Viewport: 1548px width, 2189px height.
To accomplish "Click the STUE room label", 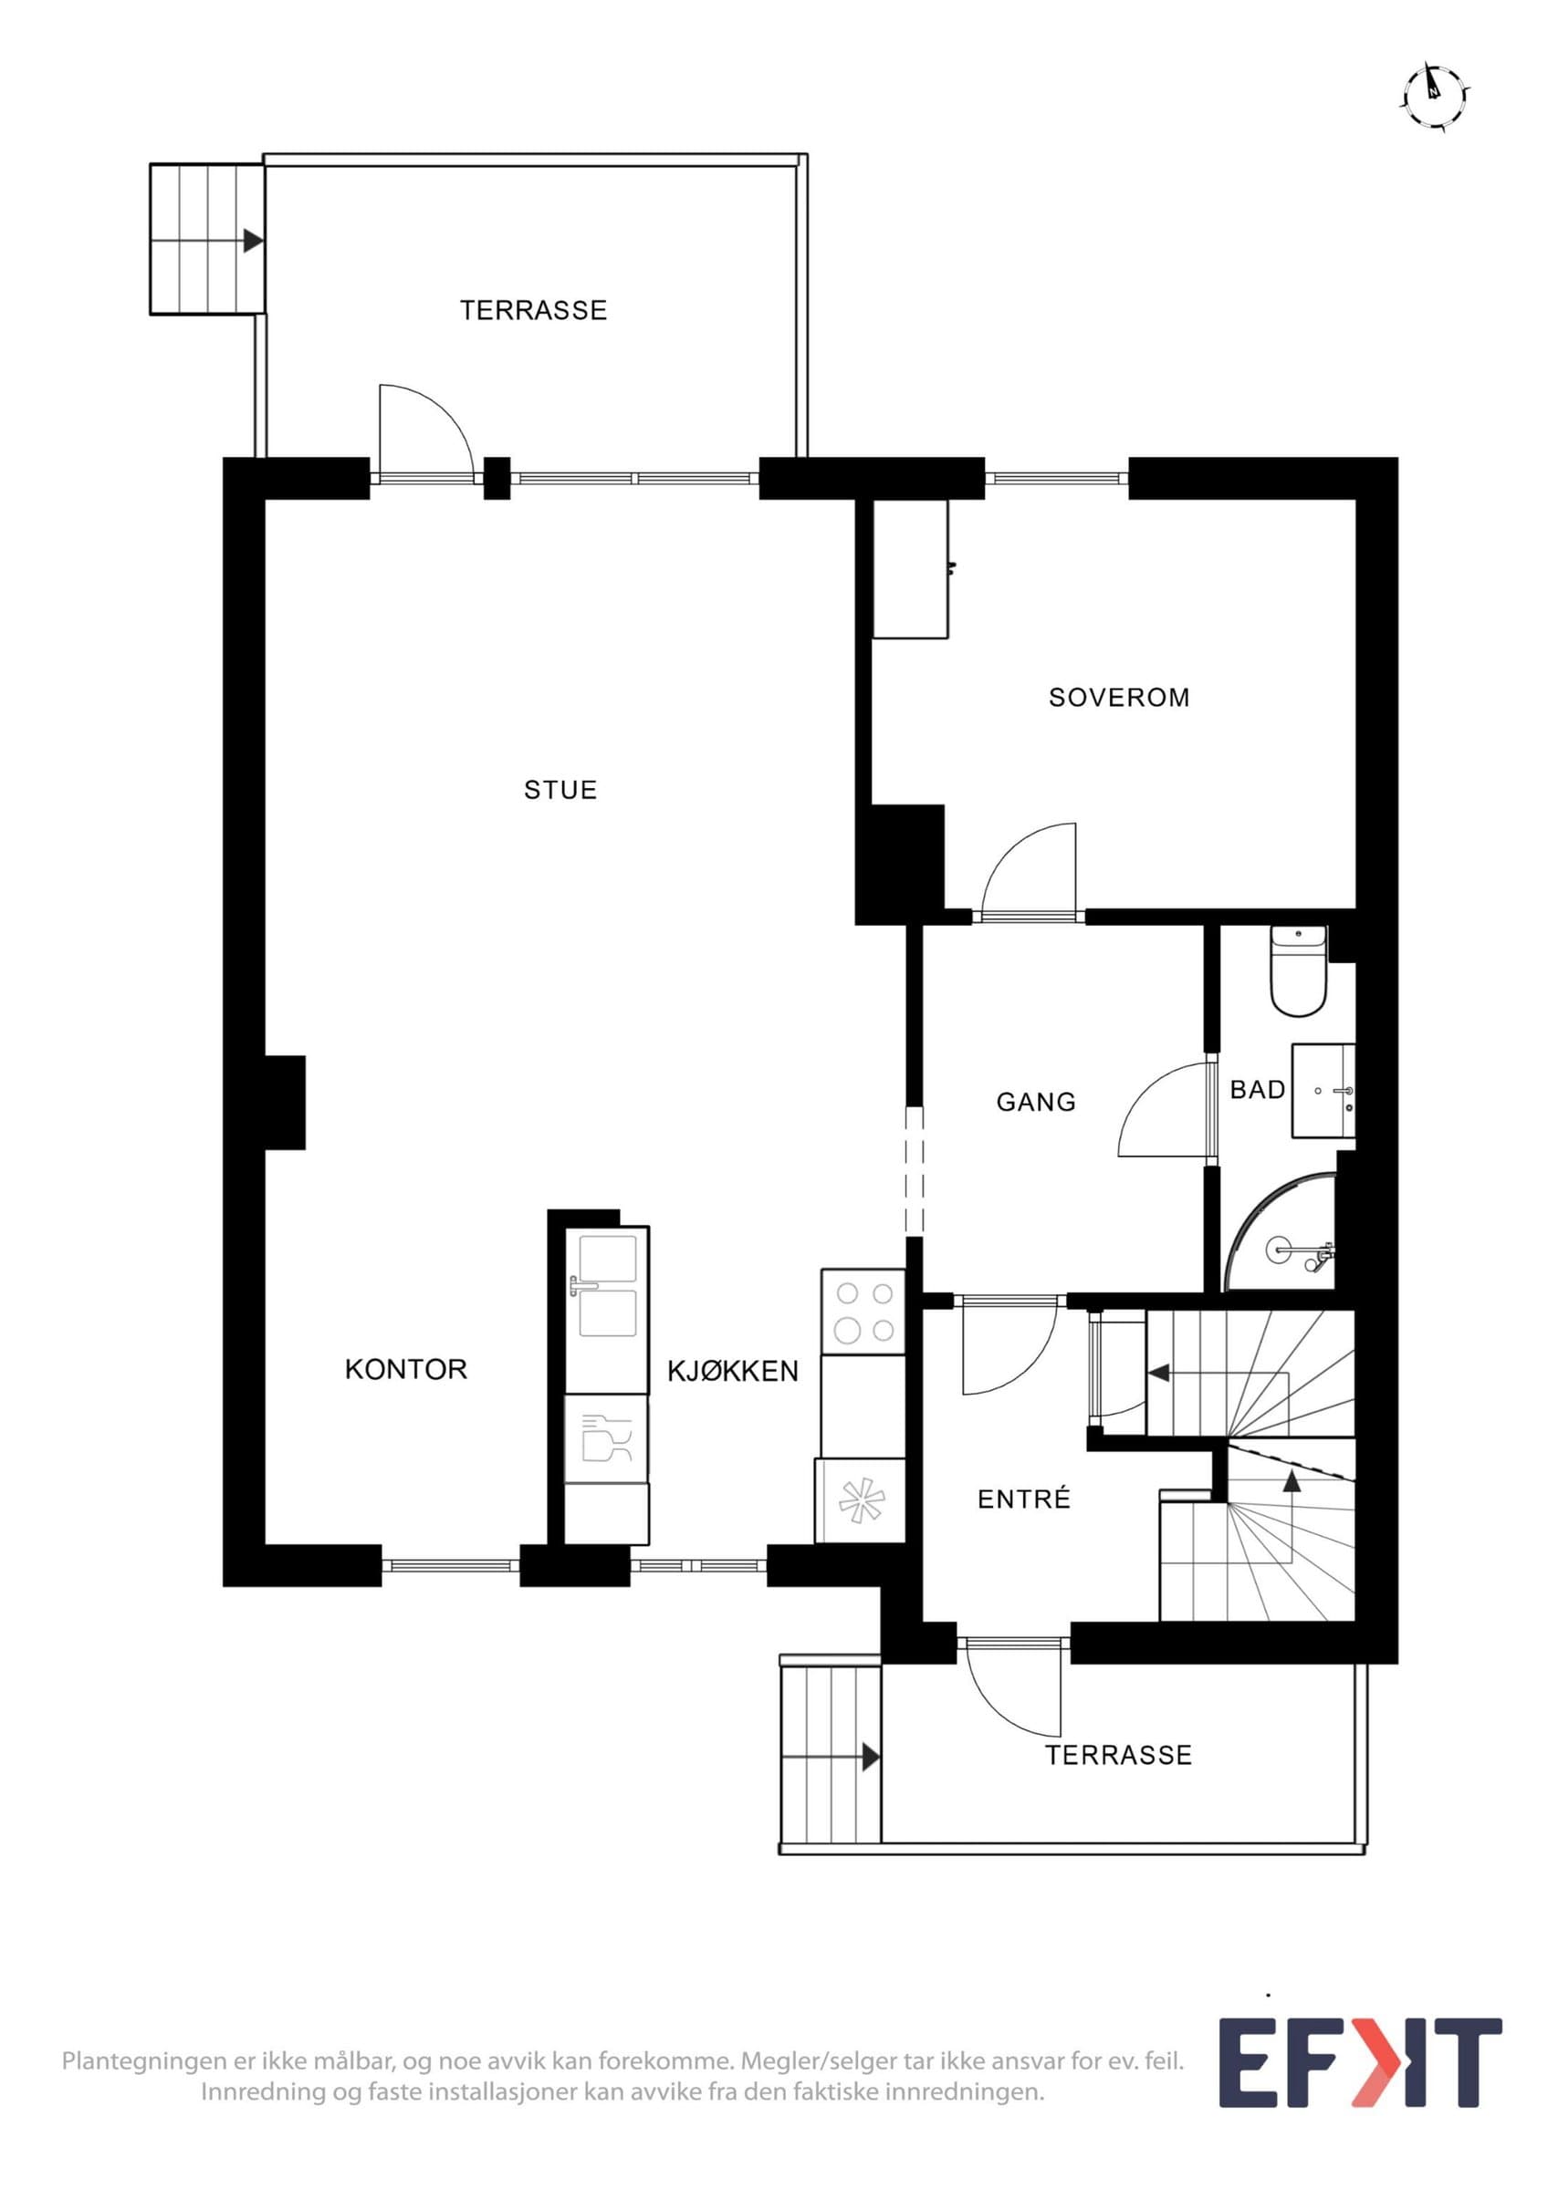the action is (x=560, y=790).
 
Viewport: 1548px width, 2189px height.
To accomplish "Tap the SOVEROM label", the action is (x=1119, y=698).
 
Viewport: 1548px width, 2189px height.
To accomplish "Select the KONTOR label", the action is (x=405, y=1369).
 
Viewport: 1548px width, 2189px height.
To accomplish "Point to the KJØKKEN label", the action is (x=733, y=1371).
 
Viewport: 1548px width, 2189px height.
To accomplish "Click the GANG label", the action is (x=1036, y=1102).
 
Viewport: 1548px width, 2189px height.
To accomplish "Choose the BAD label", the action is (x=1257, y=1089).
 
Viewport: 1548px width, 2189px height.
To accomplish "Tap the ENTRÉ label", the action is (x=1023, y=1499).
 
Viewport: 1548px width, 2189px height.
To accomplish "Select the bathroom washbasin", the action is (x=1323, y=1090).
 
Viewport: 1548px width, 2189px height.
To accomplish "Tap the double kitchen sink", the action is (x=607, y=1286).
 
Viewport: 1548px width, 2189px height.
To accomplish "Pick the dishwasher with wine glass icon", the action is (x=606, y=1440).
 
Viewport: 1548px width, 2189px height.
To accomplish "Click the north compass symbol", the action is (x=1434, y=96).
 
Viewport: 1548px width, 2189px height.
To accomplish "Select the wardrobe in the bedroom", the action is (x=911, y=568).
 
